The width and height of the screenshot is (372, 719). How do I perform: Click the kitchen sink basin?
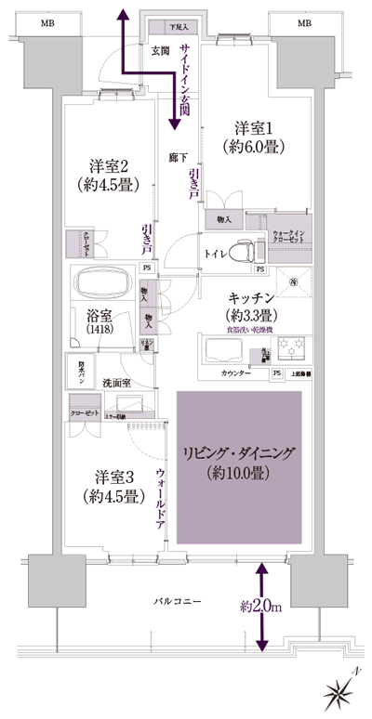click(x=222, y=350)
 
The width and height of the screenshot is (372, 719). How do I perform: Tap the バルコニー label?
click(x=175, y=604)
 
